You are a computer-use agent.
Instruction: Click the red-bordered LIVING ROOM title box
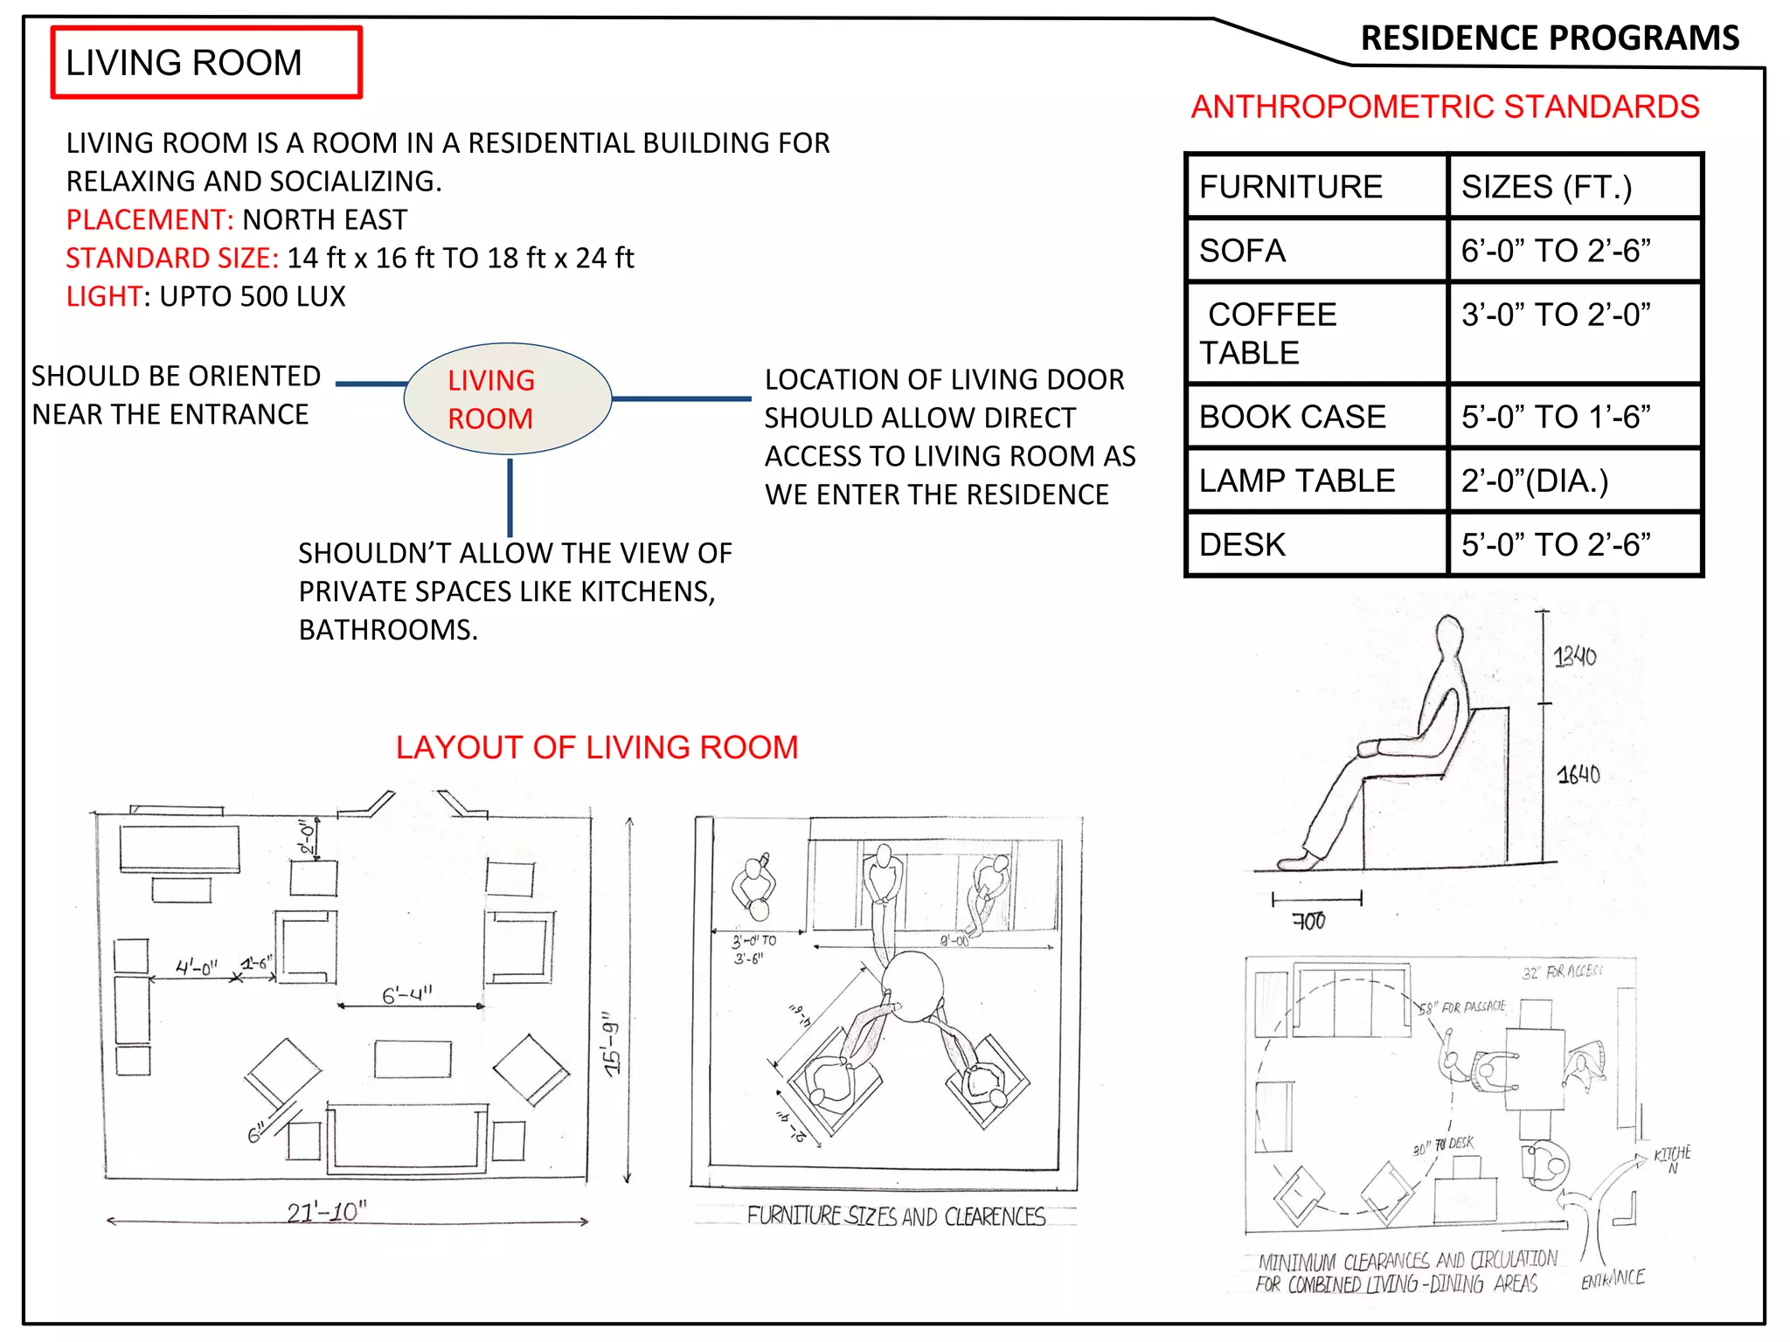pos(206,63)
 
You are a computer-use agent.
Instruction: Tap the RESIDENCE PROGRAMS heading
pos(1550,38)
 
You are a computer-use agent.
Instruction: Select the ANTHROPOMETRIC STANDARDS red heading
pos(1445,107)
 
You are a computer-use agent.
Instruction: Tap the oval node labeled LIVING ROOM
pos(508,399)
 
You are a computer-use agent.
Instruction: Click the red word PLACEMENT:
pos(149,219)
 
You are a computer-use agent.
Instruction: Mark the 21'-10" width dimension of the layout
pos(327,1212)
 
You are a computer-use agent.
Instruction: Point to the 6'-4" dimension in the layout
pos(407,994)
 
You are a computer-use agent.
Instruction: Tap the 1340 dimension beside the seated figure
pos(1575,656)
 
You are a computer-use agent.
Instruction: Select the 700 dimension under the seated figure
pos(1309,921)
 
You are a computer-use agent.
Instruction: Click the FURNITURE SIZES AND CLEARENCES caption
pos(896,1216)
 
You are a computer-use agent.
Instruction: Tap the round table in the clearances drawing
pos(912,986)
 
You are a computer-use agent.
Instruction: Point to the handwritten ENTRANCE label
pos(1613,1279)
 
